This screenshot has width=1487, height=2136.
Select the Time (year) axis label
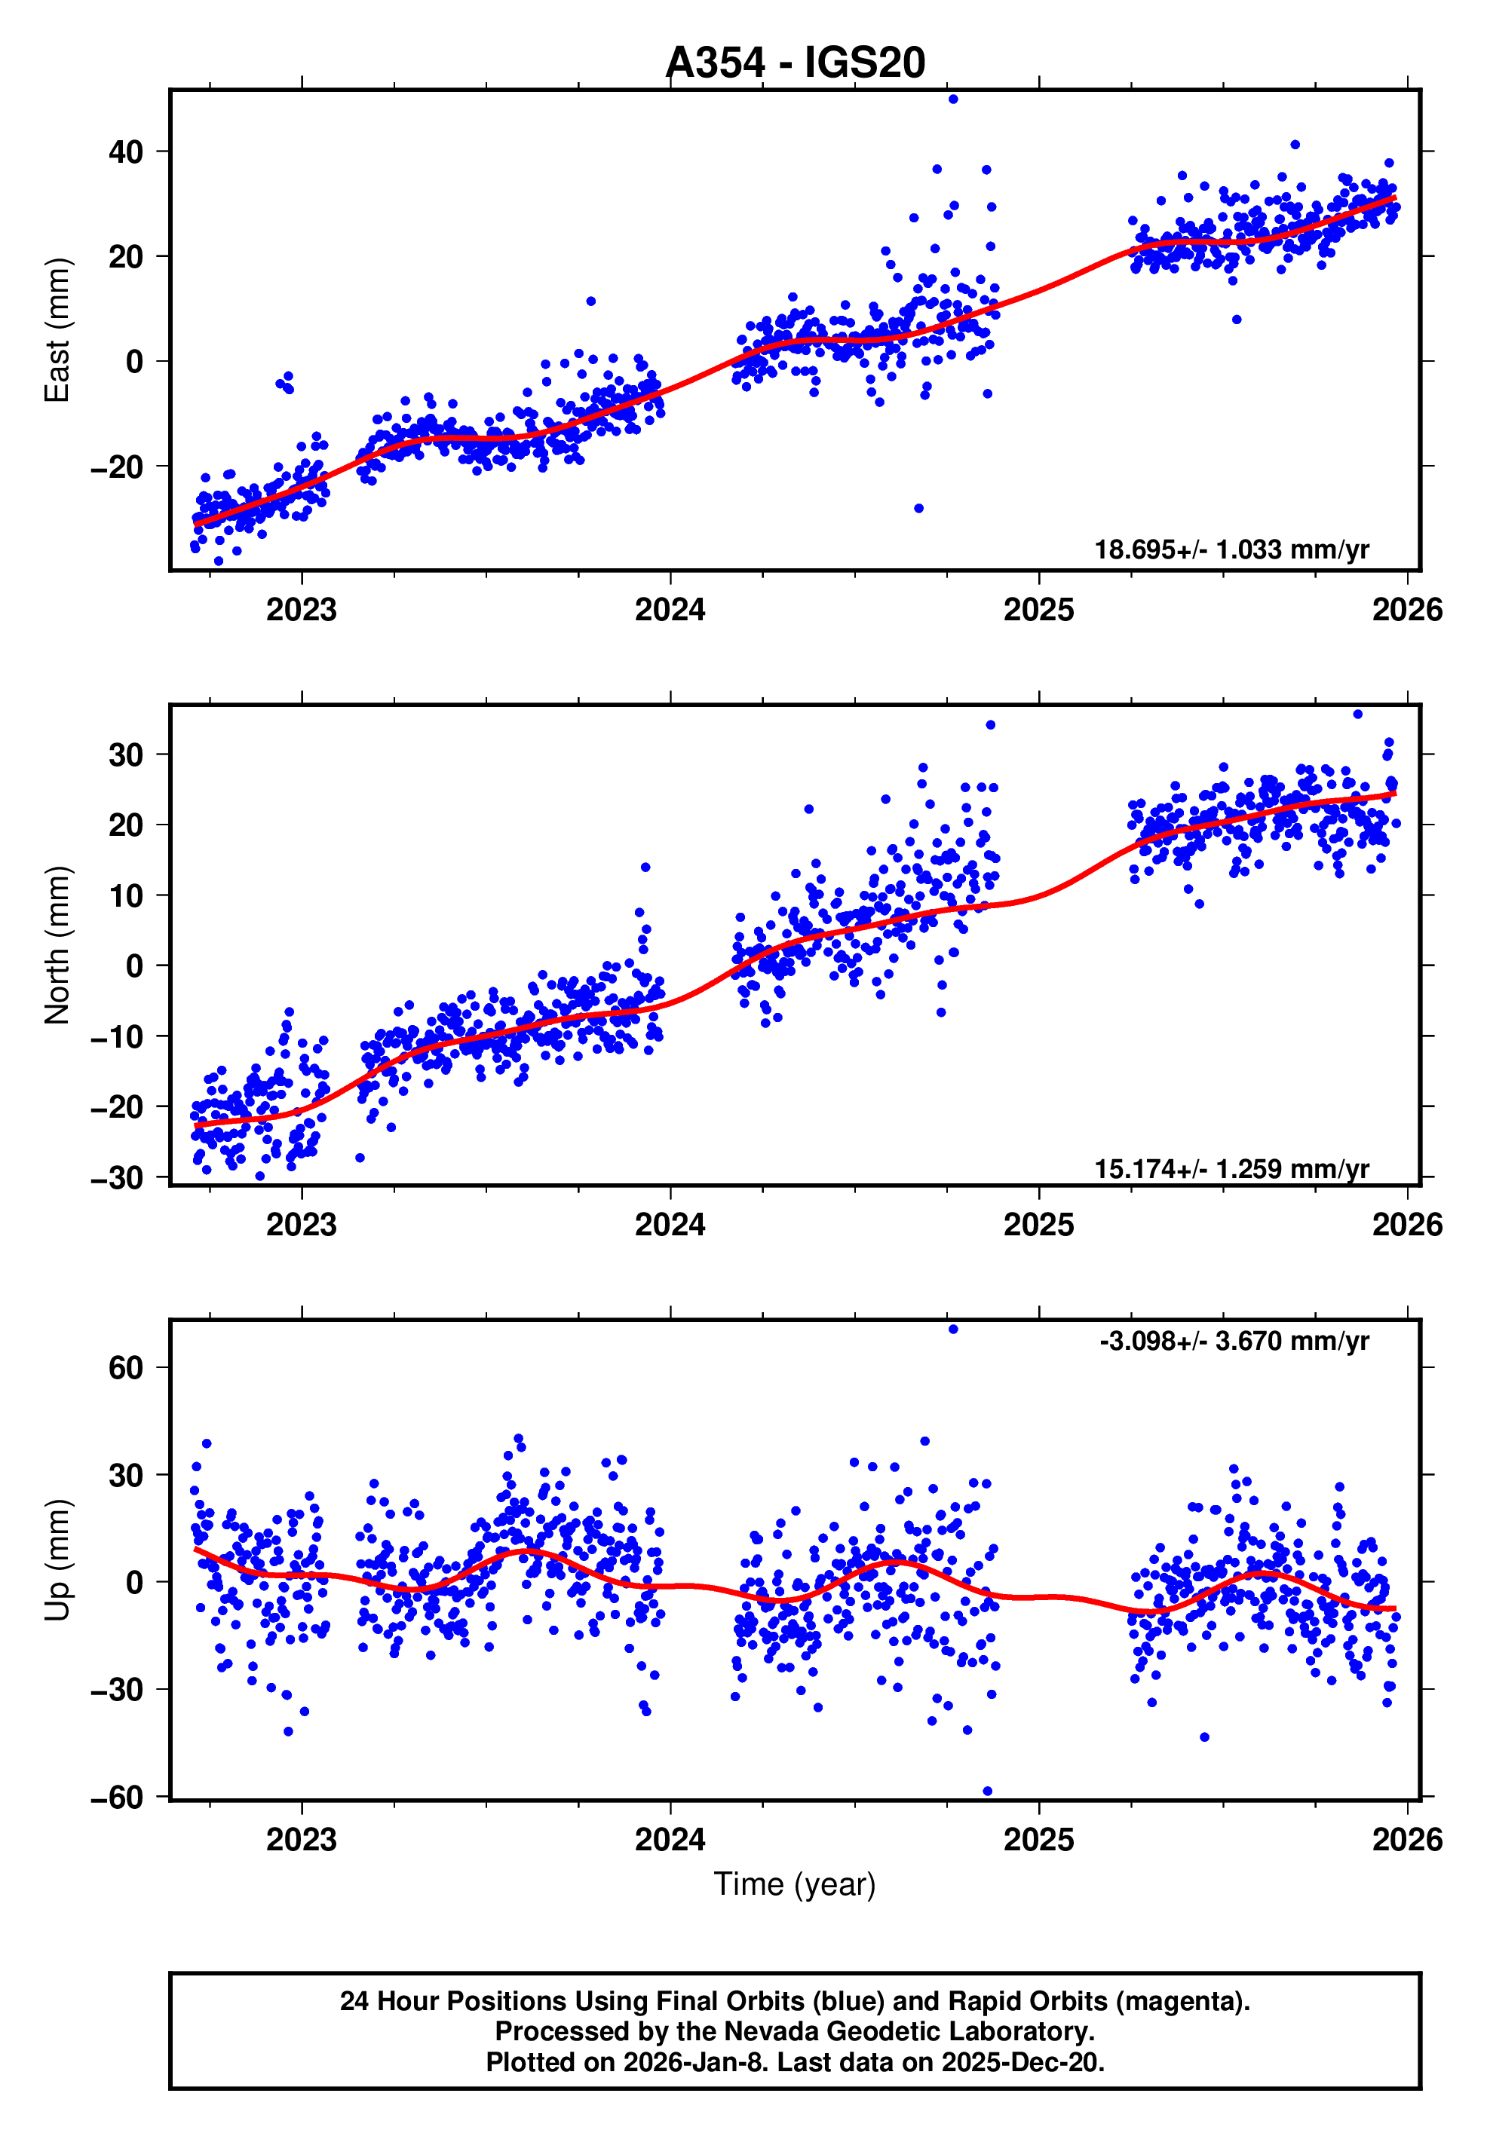click(x=794, y=1884)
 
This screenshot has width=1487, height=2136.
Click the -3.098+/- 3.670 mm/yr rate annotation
click(x=1233, y=1341)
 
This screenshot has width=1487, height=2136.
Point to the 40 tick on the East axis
click(x=126, y=151)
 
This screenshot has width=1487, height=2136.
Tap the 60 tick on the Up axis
click(x=126, y=1367)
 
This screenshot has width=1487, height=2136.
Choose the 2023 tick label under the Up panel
click(x=301, y=1839)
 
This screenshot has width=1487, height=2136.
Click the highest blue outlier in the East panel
click(x=952, y=99)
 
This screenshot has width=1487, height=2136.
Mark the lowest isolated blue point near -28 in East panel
click(x=918, y=508)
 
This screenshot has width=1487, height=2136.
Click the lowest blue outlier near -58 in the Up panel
click(x=986, y=1791)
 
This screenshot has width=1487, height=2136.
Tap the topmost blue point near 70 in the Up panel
click(x=952, y=1329)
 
